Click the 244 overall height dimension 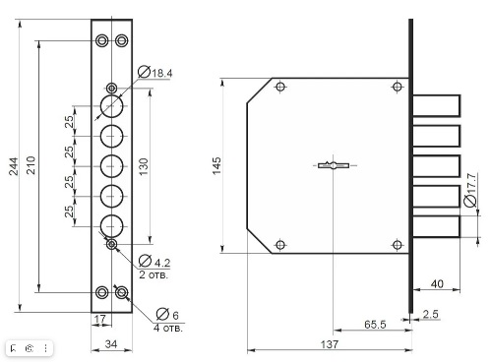[14, 166]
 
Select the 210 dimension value [31, 165]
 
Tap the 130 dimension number [144, 166]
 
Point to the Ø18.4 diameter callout [154, 72]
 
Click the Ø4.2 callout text [154, 261]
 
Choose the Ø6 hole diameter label [167, 314]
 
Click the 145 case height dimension [216, 165]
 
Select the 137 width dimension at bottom [330, 344]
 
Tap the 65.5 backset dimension [375, 325]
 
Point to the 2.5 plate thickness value [430, 314]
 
